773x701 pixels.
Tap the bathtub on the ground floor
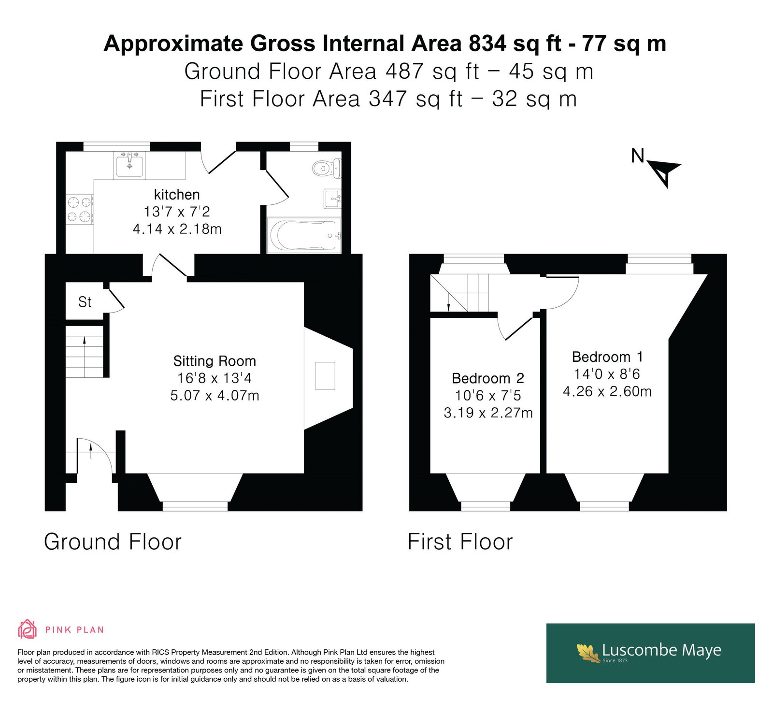(x=304, y=235)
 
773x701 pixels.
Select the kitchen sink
(x=129, y=165)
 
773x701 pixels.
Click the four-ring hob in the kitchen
(x=80, y=209)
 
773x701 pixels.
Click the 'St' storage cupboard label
(x=85, y=302)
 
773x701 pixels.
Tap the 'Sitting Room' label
(x=215, y=361)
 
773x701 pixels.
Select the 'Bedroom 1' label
(x=607, y=357)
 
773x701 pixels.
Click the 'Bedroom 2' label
(x=488, y=378)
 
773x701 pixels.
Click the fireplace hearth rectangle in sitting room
(x=325, y=375)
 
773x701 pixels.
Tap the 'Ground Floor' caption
(x=113, y=542)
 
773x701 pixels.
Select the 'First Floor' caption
(x=460, y=542)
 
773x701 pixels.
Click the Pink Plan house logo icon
(x=28, y=629)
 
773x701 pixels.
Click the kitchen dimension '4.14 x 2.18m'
(x=177, y=229)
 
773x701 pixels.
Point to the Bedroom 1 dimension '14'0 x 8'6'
(x=607, y=374)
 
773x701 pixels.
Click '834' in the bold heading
(x=488, y=43)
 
